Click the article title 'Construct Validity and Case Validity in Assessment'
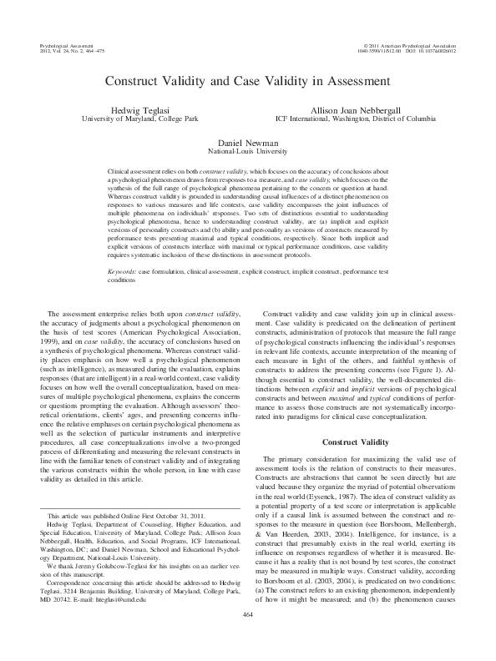pyautogui.click(x=246, y=83)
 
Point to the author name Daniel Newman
pyautogui.click(x=246, y=143)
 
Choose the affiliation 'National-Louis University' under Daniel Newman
pyautogui.click(x=246, y=152)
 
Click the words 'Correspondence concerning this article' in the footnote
pyautogui.click(x=104, y=583)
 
